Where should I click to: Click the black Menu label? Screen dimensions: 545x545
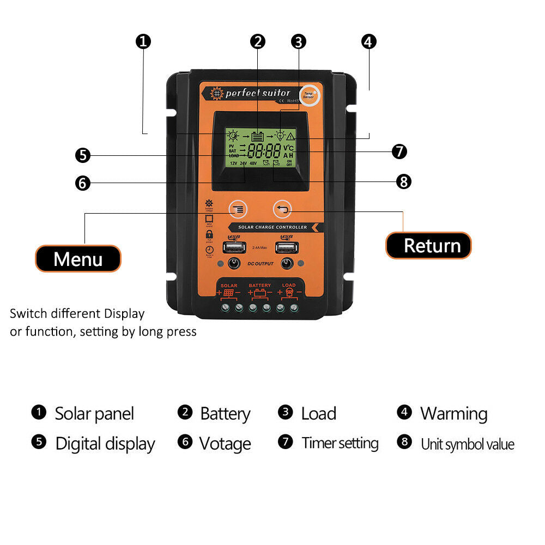tap(78, 259)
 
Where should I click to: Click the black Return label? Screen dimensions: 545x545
tap(428, 245)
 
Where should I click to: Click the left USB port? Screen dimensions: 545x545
tap(234, 247)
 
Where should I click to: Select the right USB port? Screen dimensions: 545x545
tap(287, 247)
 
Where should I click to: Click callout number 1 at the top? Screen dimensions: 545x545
tap(143, 41)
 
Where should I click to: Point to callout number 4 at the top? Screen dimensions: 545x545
tap(369, 41)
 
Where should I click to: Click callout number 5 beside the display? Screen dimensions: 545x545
tap(82, 155)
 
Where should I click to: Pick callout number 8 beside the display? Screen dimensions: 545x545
tap(403, 181)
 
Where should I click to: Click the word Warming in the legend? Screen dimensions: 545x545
tap(453, 414)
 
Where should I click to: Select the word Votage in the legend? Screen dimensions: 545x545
tap(225, 444)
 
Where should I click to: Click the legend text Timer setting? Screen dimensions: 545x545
tap(340, 443)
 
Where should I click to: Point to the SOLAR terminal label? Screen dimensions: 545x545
tap(229, 286)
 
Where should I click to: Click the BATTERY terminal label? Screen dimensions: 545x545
tap(259, 286)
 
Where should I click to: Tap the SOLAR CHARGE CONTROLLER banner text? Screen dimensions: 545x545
tap(272, 227)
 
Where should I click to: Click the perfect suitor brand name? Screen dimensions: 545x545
tap(258, 93)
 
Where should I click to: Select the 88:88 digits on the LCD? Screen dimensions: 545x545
tap(264, 151)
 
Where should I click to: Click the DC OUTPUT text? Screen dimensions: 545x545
tap(260, 264)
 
